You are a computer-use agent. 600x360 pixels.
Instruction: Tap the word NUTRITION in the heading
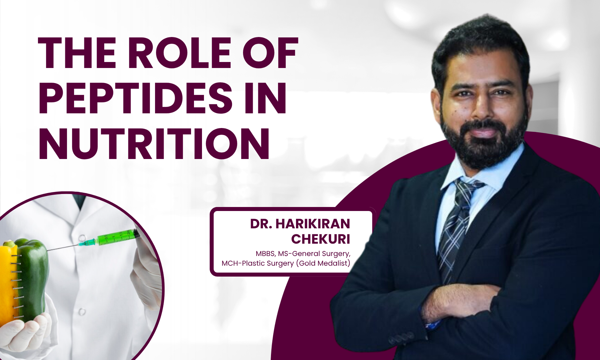(x=154, y=144)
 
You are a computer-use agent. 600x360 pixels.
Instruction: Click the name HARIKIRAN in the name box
(x=313, y=224)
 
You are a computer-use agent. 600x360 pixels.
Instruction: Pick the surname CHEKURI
(x=321, y=239)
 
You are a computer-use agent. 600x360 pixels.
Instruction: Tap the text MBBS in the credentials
(x=265, y=254)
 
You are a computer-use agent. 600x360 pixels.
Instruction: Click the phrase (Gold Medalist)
(x=323, y=263)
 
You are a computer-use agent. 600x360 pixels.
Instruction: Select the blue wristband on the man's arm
(x=433, y=324)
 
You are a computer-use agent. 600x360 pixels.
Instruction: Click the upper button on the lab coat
(x=82, y=238)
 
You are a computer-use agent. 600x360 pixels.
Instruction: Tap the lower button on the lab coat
(x=82, y=312)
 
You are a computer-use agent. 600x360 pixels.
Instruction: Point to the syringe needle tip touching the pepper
(x=48, y=250)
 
